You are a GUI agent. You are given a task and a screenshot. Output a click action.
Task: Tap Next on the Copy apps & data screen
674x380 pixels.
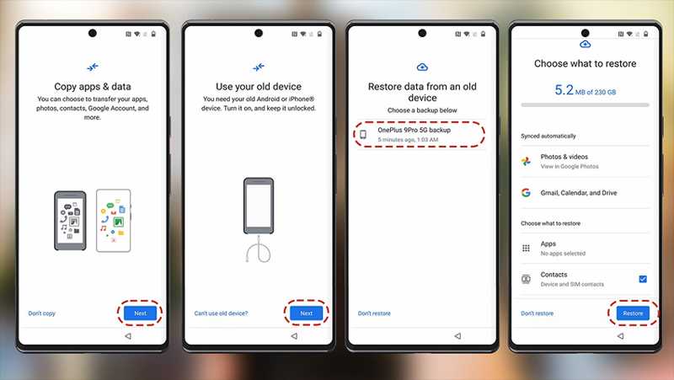point(140,313)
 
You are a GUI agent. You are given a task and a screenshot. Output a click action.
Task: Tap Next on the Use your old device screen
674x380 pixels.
point(306,313)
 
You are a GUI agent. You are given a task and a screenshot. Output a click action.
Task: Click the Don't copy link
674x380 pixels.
point(41,313)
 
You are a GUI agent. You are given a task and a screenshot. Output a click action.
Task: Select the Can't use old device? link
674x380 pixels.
point(221,313)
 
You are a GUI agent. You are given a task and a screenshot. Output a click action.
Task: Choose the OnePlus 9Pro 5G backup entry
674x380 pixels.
point(420,134)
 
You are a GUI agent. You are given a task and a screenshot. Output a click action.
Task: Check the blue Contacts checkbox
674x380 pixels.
point(643,279)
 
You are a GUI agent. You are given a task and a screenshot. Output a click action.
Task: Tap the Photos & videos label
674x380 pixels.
point(564,157)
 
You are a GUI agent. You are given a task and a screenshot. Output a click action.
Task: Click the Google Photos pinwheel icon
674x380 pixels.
point(526,162)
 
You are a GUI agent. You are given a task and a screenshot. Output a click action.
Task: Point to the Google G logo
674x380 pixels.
point(526,193)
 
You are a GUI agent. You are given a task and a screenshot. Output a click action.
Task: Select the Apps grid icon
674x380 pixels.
point(526,248)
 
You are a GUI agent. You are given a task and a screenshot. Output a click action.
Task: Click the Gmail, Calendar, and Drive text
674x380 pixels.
point(579,193)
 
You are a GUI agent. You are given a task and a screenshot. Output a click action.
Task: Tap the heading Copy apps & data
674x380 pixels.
point(93,87)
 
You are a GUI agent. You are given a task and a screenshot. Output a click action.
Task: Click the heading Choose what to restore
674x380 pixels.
point(585,64)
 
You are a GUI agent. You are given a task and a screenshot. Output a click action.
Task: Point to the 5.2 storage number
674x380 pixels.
point(564,90)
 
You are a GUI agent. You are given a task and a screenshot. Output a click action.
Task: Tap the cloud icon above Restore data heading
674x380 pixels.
point(422,67)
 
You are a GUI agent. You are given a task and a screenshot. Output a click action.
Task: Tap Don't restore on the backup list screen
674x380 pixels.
point(374,313)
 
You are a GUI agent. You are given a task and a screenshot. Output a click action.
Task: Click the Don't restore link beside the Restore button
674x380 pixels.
point(537,313)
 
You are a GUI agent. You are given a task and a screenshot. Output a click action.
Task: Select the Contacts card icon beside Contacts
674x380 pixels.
point(526,279)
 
